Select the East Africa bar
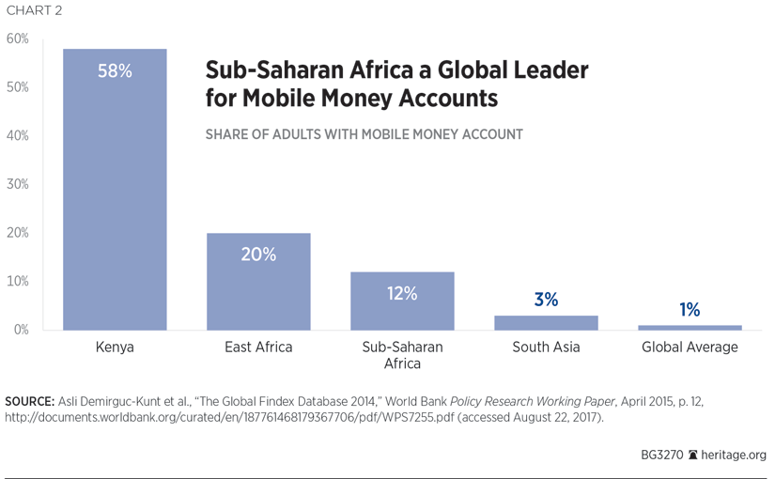(258, 291)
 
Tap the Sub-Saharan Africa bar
(402, 310)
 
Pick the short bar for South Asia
(546, 323)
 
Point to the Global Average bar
(690, 328)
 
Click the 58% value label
(115, 70)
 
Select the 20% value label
(258, 254)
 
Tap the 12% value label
(402, 293)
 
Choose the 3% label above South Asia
(546, 300)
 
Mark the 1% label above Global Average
(690, 310)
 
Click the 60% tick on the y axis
(18, 39)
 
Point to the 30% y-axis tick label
(18, 184)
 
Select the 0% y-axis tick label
(21, 330)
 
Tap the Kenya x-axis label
(115, 348)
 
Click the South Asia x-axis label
(546, 348)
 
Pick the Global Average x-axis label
(690, 348)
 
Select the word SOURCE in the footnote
(29, 401)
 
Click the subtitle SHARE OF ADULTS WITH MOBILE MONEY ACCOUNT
(364, 134)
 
